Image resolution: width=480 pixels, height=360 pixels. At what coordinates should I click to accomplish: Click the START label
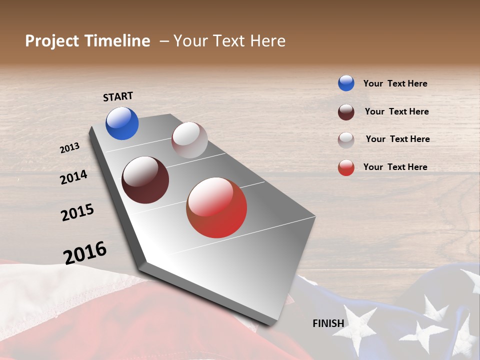(x=118, y=96)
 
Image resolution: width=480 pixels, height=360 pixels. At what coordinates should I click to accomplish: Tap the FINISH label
(x=328, y=323)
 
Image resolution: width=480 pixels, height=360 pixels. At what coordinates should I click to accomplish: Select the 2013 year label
(x=69, y=148)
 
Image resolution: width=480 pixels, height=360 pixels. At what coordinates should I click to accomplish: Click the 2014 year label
(x=73, y=177)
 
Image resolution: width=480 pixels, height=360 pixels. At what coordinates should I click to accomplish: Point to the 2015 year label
(x=77, y=212)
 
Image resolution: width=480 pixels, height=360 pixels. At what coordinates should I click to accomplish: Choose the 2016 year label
(x=85, y=253)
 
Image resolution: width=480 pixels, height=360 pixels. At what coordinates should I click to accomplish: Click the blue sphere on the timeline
(x=122, y=123)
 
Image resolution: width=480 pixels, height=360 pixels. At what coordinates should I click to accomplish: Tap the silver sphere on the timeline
(x=189, y=140)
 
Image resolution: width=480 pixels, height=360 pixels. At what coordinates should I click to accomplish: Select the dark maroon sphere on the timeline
(x=145, y=180)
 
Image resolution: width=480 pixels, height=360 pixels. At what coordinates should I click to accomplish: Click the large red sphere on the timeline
(x=216, y=207)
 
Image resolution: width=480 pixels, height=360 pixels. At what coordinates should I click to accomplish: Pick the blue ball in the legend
(x=346, y=83)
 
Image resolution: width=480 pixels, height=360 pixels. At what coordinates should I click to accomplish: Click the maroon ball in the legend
(x=346, y=112)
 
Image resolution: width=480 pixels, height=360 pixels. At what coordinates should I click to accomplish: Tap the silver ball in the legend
(x=346, y=140)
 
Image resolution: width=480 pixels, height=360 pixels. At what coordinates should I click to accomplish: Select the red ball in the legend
(x=346, y=167)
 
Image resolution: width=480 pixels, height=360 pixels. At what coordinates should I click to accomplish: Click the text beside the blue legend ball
(x=395, y=83)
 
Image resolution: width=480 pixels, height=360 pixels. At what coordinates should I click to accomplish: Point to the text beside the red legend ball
(x=395, y=167)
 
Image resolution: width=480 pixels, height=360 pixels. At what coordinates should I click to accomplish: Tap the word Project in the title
(x=52, y=41)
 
